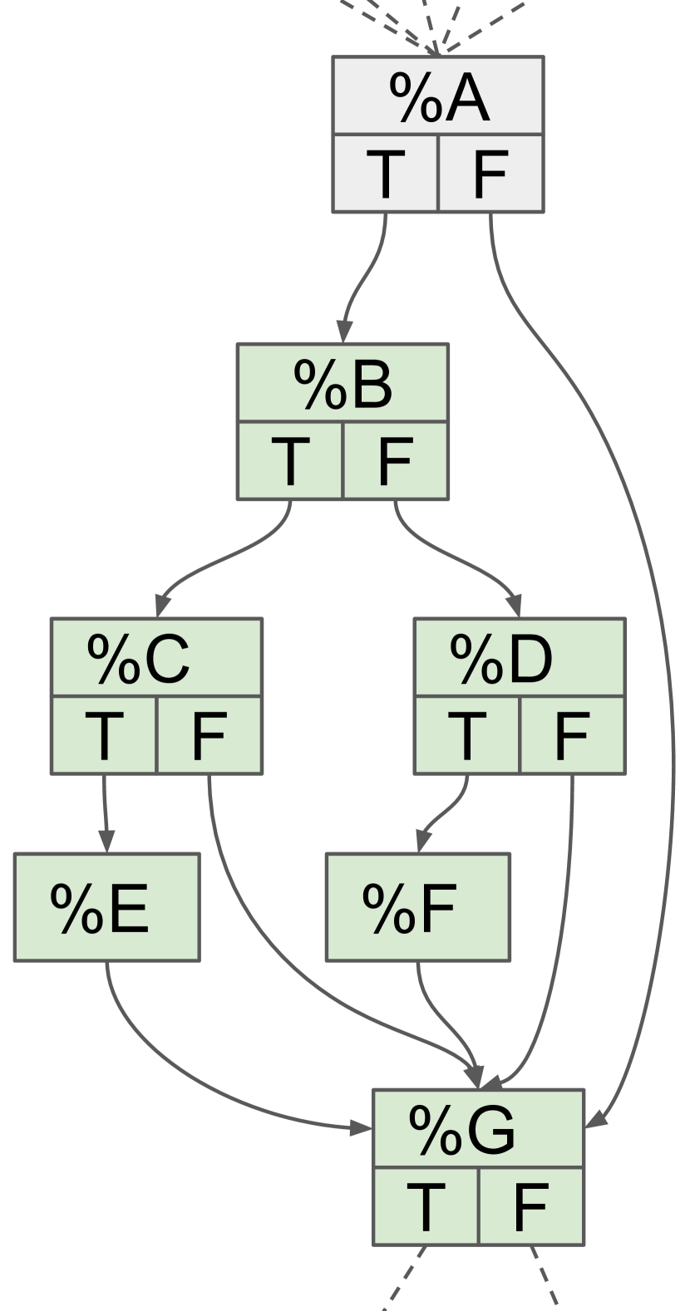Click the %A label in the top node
click(x=438, y=96)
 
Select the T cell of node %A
click(x=385, y=173)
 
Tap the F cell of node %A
click(x=490, y=173)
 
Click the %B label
click(x=343, y=384)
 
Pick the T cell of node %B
click(x=290, y=460)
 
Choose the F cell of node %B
click(x=396, y=460)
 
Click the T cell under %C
click(x=104, y=735)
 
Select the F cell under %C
click(x=209, y=735)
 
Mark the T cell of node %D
click(x=467, y=735)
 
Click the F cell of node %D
click(x=572, y=735)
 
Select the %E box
click(x=106, y=906)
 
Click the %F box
click(x=417, y=906)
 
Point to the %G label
click(x=478, y=1129)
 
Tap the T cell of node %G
click(x=426, y=1206)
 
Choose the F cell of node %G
click(x=531, y=1206)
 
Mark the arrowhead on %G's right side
click(x=596, y=1120)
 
